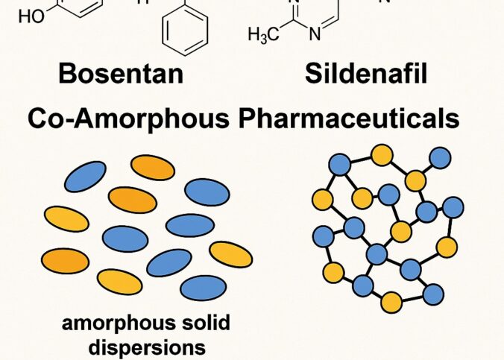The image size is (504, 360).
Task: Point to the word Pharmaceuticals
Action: (x=353, y=119)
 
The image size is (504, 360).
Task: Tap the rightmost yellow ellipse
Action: (x=230, y=254)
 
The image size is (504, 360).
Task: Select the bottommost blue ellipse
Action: (x=203, y=287)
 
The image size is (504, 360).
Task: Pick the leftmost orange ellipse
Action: (x=66, y=259)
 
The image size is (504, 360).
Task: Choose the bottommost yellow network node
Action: (x=391, y=302)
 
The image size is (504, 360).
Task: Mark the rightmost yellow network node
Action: (x=447, y=247)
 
